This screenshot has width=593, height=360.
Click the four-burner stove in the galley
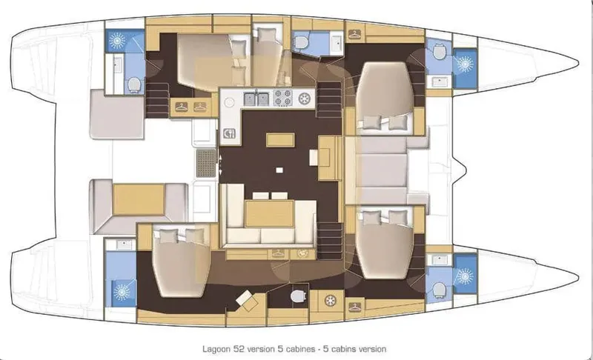[283, 99]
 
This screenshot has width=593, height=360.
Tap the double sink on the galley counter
[256, 99]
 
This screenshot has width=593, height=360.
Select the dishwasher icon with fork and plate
[229, 133]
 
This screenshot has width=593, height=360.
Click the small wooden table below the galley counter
[280, 140]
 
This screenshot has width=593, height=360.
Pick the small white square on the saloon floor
[279, 170]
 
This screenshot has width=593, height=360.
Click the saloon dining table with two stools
[269, 213]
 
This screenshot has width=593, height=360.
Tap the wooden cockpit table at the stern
[139, 200]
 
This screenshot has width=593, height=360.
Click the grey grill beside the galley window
[206, 163]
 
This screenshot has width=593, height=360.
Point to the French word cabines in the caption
[300, 349]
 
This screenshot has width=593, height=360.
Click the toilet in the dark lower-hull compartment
[298, 296]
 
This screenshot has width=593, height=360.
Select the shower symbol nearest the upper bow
[465, 64]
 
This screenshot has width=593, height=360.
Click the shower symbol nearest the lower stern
[122, 292]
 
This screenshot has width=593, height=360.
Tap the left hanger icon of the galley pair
[182, 107]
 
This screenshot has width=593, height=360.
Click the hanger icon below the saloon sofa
[278, 254]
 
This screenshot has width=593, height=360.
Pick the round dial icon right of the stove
[304, 99]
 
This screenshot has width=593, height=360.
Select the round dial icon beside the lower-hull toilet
[331, 301]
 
